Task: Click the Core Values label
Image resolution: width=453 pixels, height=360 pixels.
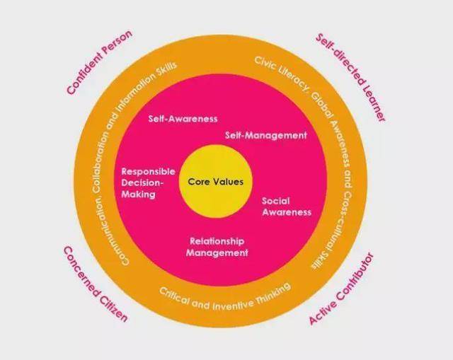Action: pos(216,182)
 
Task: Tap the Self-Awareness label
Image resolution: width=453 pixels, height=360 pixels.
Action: pos(183,119)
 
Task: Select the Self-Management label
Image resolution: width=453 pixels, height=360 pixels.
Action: pos(266,134)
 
